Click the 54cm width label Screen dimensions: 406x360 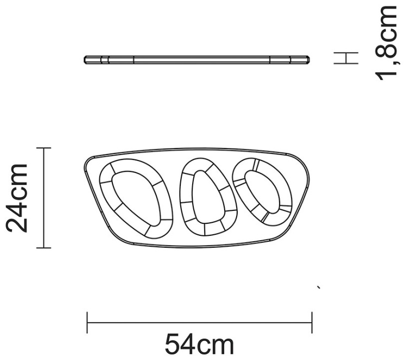pyautogui.click(x=199, y=344)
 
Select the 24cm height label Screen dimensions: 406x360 pyautogui.click(x=17, y=198)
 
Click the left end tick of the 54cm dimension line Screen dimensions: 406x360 pyautogui.click(x=87, y=323)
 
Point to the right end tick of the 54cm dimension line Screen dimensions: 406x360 pyautogui.click(x=312, y=323)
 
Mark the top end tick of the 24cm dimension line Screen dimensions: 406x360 pyautogui.click(x=43, y=148)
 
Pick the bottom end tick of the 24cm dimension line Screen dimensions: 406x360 pyautogui.click(x=43, y=248)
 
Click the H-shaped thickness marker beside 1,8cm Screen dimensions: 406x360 pyautogui.click(x=346, y=57)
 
